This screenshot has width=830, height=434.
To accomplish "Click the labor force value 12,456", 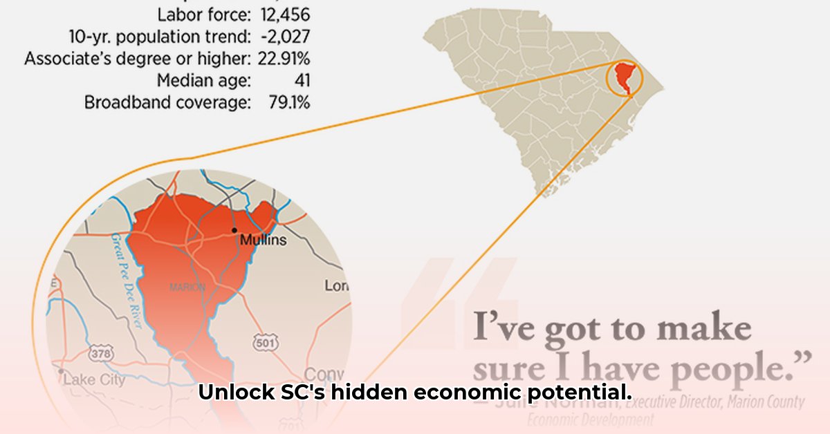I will coord(286,13).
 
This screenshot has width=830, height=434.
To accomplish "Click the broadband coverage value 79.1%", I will coord(288,103).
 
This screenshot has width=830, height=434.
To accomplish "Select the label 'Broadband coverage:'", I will coord(167,103).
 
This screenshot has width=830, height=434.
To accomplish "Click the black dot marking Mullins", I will coord(234,230).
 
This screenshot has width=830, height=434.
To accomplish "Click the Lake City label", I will coord(95,379).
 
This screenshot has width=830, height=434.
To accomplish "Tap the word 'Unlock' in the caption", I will coord(229,393).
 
